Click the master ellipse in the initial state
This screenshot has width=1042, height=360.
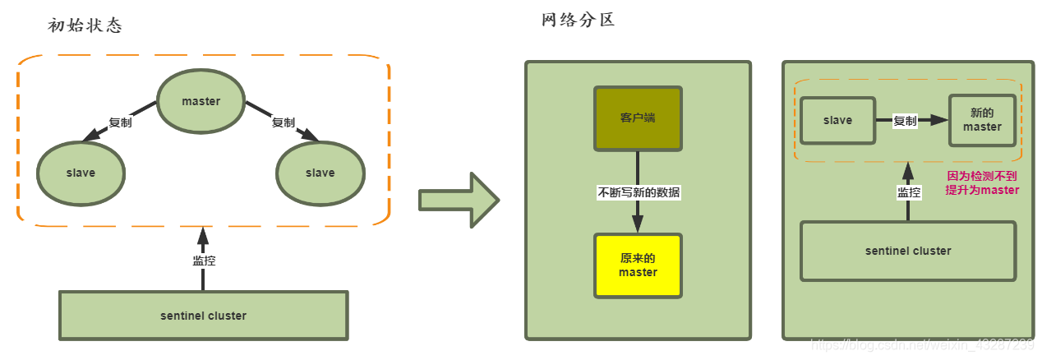[x=201, y=101]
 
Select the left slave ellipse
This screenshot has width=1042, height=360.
[x=81, y=173]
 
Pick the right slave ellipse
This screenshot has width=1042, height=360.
[x=320, y=173]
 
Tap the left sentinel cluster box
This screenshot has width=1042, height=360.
[x=203, y=316]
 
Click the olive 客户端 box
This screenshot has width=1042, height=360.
[x=639, y=118]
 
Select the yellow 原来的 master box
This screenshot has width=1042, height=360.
[x=639, y=265]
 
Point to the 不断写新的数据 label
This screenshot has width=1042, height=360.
[x=639, y=193]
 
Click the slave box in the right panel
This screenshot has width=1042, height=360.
[x=837, y=120]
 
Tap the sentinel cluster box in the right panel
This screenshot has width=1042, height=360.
[x=908, y=251]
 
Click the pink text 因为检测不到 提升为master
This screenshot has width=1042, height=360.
[x=983, y=183]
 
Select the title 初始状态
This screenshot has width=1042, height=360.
[x=85, y=25]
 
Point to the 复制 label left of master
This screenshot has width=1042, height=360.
[x=120, y=122]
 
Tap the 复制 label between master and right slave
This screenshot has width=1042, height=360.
[x=283, y=122]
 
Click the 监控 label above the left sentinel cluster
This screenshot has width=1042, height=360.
[x=203, y=260]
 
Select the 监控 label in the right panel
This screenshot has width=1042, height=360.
[x=908, y=193]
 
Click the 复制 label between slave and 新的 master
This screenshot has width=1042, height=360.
[x=905, y=121]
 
